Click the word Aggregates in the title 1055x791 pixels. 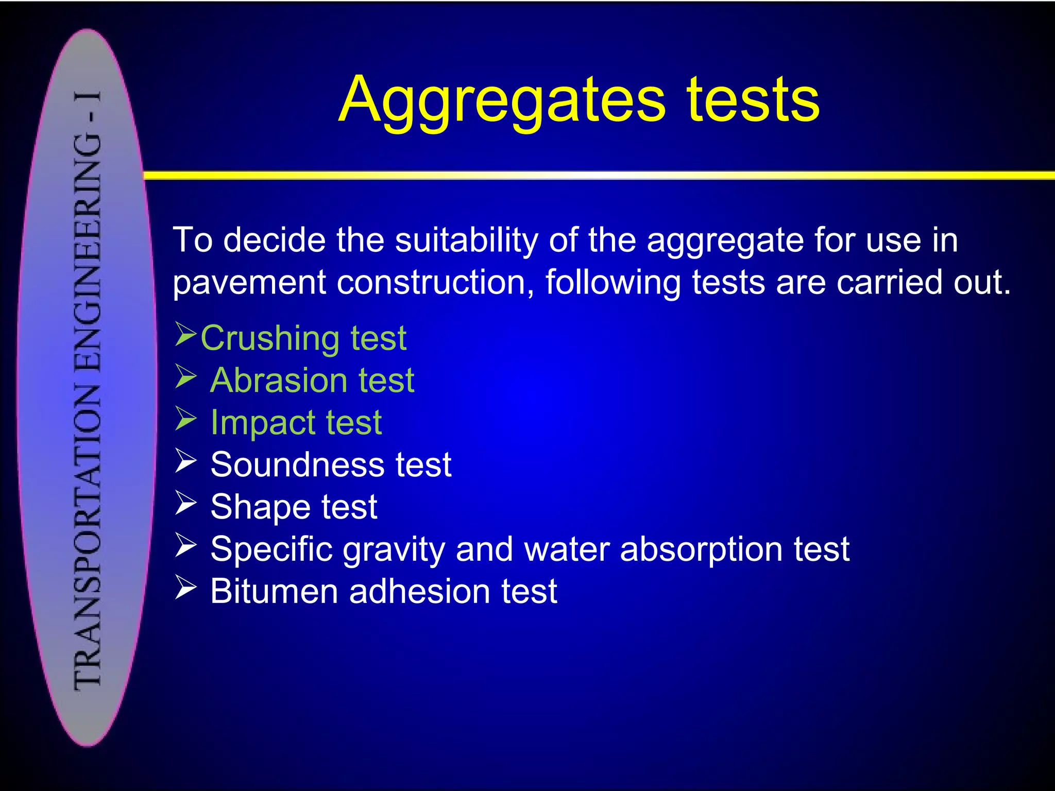pyautogui.click(x=502, y=100)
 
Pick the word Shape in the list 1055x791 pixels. pyautogui.click(x=260, y=507)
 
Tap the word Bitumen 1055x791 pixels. pyautogui.click(x=274, y=592)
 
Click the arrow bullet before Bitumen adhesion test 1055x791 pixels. pyautogui.click(x=185, y=588)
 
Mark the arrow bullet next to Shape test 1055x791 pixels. pyautogui.click(x=185, y=503)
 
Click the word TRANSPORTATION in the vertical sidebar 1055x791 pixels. pyautogui.click(x=88, y=536)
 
